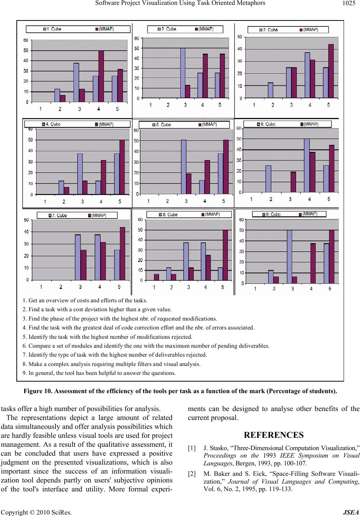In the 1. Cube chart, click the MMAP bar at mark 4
tap(101, 76)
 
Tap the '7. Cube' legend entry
tap(57, 216)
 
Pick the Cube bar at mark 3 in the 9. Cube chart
tap(289, 257)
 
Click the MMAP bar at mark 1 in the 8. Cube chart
tap(156, 277)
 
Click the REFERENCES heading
tap(274, 435)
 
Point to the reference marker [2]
tap(192, 474)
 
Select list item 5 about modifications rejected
tap(107, 337)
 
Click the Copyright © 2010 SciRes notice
tap(36, 512)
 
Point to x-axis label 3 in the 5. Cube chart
tap(186, 201)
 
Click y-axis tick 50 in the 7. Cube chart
tap(26, 220)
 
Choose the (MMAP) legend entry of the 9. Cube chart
tap(309, 214)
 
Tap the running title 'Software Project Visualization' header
tap(180, 3)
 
